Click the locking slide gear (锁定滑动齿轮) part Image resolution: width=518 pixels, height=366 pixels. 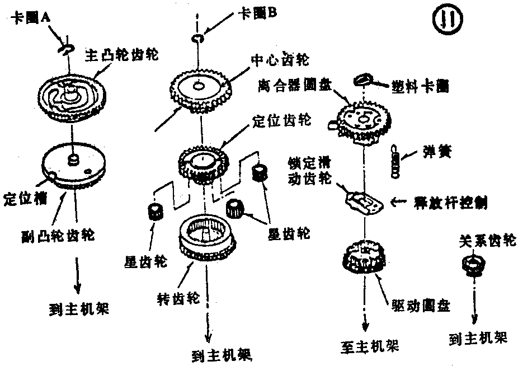tap(364, 200)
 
